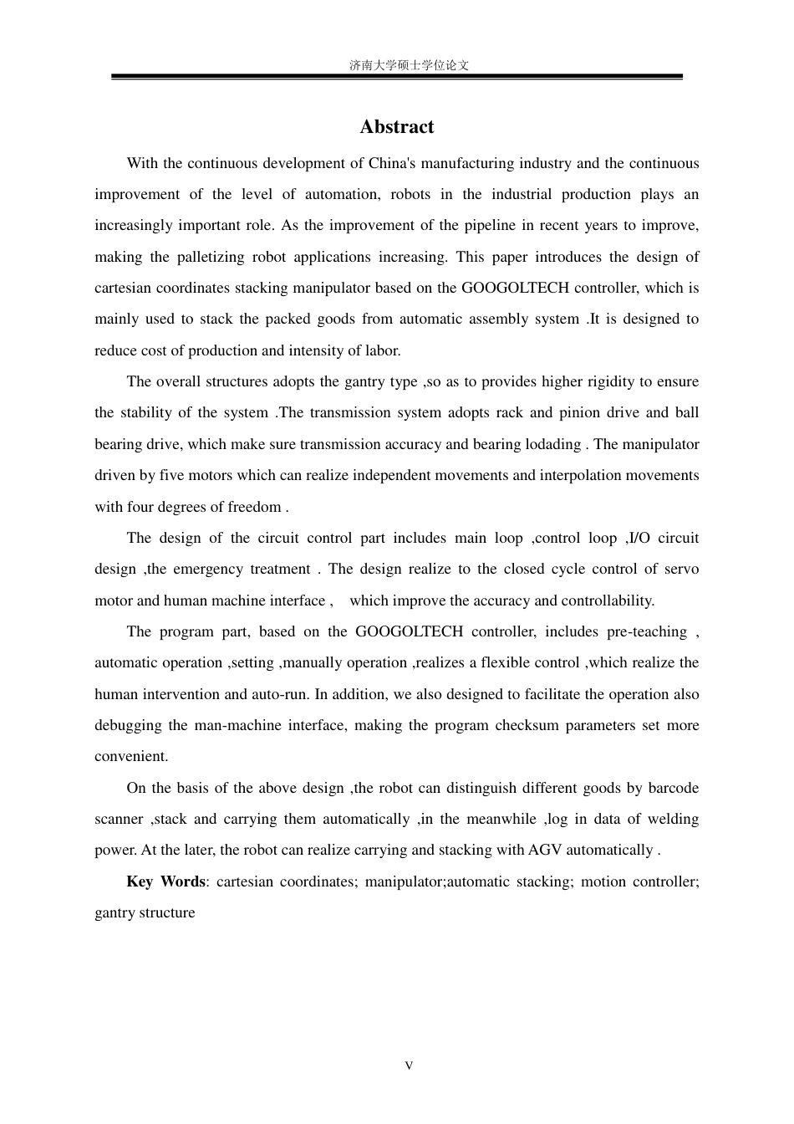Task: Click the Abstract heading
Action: [397, 127]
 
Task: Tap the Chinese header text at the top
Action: [409, 65]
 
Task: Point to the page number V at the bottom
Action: [409, 1065]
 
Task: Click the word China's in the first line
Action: [392, 163]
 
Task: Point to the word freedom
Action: [254, 507]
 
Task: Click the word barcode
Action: [673, 789]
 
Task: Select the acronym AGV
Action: [545, 851]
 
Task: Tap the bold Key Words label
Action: [165, 882]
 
